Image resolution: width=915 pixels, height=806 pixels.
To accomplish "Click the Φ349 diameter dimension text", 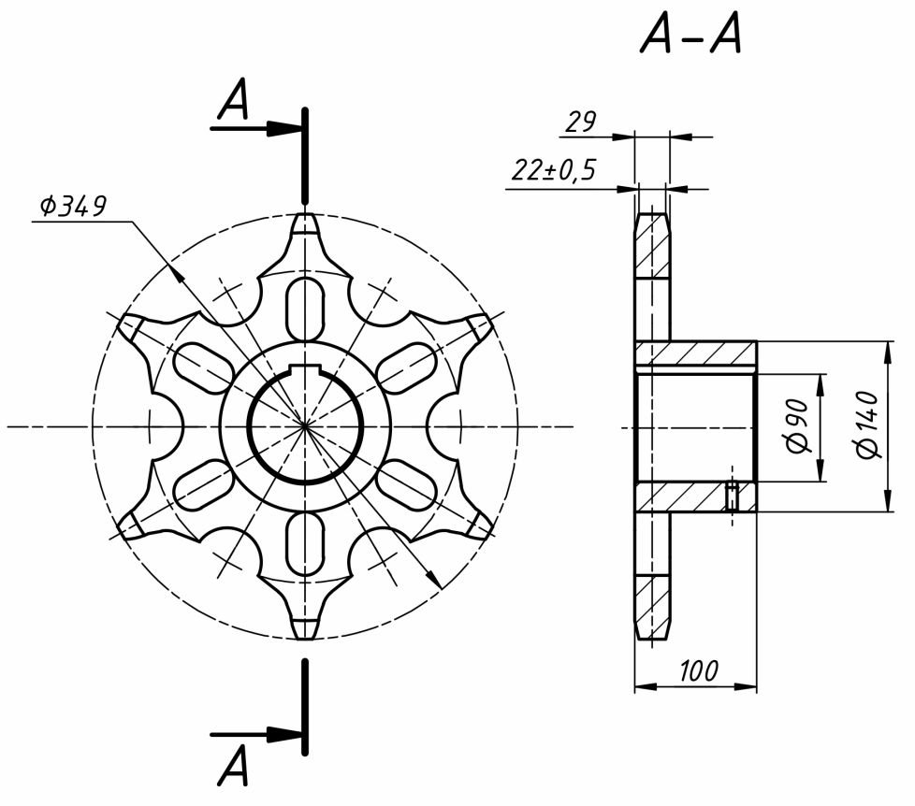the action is (73, 206).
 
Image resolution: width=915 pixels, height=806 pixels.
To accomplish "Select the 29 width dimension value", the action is (581, 122).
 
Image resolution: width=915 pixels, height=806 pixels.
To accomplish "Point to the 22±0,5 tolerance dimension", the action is (554, 170).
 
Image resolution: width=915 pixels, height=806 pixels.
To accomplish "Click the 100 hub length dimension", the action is (699, 671).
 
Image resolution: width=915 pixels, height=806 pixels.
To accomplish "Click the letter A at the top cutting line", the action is (233, 100).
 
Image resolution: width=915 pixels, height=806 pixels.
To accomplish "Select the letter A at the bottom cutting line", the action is (233, 765).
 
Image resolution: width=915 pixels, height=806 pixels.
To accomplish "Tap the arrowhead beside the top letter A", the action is (279, 128).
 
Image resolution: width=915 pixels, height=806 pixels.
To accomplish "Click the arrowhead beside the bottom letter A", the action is (279, 734).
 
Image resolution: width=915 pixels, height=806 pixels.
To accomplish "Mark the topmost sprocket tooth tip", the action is (305, 217).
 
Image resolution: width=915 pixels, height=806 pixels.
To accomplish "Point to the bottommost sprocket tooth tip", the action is (305, 636).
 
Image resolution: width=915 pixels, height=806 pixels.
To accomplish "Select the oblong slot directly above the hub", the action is (305, 309).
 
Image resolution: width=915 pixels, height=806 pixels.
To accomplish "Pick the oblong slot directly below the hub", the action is (305, 543).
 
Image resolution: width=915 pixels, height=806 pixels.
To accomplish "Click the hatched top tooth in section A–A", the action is (652, 246).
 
